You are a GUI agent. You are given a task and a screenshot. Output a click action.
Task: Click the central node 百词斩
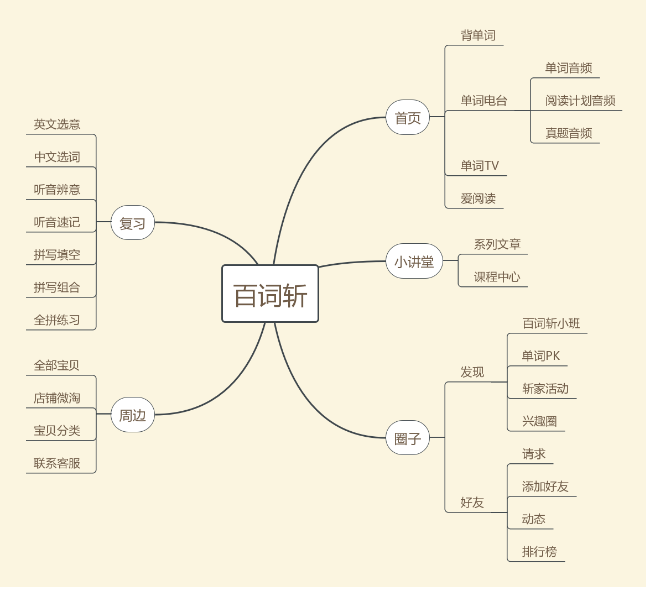coord(270,294)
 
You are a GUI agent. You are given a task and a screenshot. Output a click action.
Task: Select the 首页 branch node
coord(408,117)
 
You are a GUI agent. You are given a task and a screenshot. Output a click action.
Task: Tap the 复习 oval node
coord(132,223)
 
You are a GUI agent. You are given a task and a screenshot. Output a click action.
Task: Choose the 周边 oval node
coord(132,415)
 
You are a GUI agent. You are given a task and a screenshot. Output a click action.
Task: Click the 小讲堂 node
coord(414,261)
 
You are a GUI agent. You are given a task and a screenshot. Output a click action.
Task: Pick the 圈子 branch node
coord(408,438)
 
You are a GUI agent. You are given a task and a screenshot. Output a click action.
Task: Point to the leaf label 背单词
coord(478,35)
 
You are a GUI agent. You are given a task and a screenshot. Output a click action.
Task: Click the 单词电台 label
coord(483,101)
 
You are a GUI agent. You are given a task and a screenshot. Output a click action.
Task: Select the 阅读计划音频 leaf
coord(580,101)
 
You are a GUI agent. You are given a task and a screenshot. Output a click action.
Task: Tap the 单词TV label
coord(480,166)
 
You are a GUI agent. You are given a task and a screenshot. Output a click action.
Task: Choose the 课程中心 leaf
coord(497,277)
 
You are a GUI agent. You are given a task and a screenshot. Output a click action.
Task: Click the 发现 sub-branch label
coord(472,372)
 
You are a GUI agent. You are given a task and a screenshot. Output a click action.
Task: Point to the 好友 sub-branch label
coord(472,503)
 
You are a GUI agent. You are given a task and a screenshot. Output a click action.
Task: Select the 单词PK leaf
coord(540,356)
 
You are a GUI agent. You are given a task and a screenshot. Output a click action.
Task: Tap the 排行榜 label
coord(539,552)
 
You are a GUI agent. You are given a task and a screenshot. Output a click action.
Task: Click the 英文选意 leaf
coord(57,124)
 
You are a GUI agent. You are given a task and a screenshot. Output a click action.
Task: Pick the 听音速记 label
coord(57,222)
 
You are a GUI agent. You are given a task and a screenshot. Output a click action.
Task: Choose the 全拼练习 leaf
coord(57,320)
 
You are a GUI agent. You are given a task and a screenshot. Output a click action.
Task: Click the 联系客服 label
coord(57,463)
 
